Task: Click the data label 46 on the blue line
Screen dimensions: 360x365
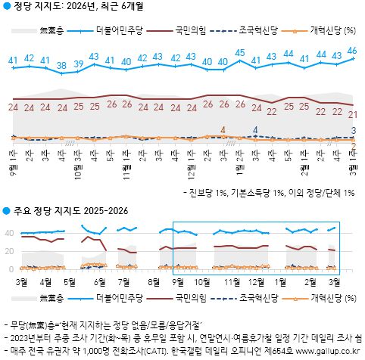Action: [352, 51]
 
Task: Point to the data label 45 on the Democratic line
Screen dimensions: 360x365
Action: [239, 53]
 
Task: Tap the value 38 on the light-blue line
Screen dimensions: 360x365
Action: [61, 64]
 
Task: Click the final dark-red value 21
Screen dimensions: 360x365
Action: [353, 114]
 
